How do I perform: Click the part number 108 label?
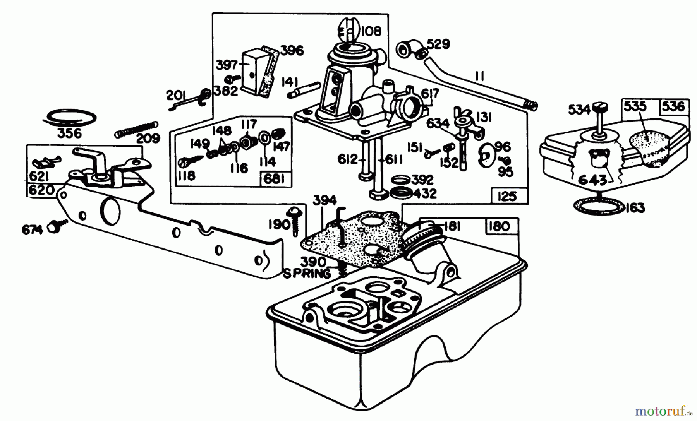371,31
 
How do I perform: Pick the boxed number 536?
673,106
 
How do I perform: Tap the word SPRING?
307,273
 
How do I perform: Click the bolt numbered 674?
55,227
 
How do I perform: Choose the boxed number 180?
499,226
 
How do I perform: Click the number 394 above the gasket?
325,200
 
